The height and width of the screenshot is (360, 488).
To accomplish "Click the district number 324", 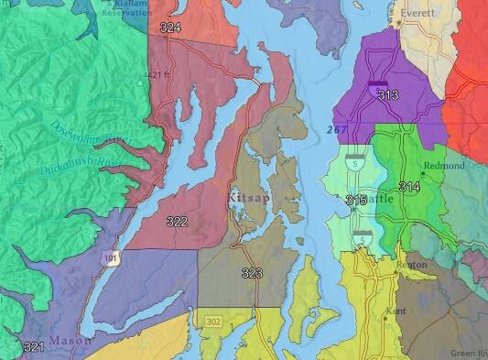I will [169, 28].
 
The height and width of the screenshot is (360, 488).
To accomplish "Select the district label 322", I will [178, 222].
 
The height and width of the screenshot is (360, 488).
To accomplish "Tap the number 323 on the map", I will [252, 273].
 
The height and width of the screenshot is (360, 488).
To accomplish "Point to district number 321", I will [33, 346].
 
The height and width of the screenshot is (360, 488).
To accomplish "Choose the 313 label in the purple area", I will [387, 95].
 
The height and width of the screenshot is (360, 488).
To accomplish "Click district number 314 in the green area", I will [409, 187].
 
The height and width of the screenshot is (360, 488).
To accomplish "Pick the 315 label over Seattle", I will [357, 200].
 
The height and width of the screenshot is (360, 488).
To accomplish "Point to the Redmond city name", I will [446, 166].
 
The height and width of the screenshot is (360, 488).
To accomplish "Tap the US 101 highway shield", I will [110, 258].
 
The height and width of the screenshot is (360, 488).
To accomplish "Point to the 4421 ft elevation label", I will [158, 74].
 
